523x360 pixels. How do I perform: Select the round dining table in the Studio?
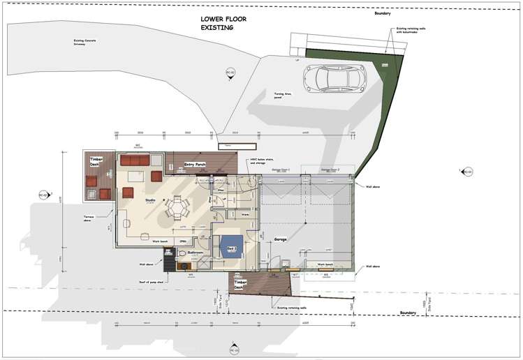(x=177, y=207)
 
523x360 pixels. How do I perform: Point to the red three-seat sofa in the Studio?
(x=135, y=160)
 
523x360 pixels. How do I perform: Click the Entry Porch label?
(x=194, y=165)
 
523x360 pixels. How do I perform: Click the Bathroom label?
(x=195, y=253)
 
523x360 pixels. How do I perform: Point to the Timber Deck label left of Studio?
(x=96, y=162)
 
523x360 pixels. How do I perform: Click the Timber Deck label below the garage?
(x=239, y=283)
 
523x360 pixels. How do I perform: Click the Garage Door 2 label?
(x=330, y=169)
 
